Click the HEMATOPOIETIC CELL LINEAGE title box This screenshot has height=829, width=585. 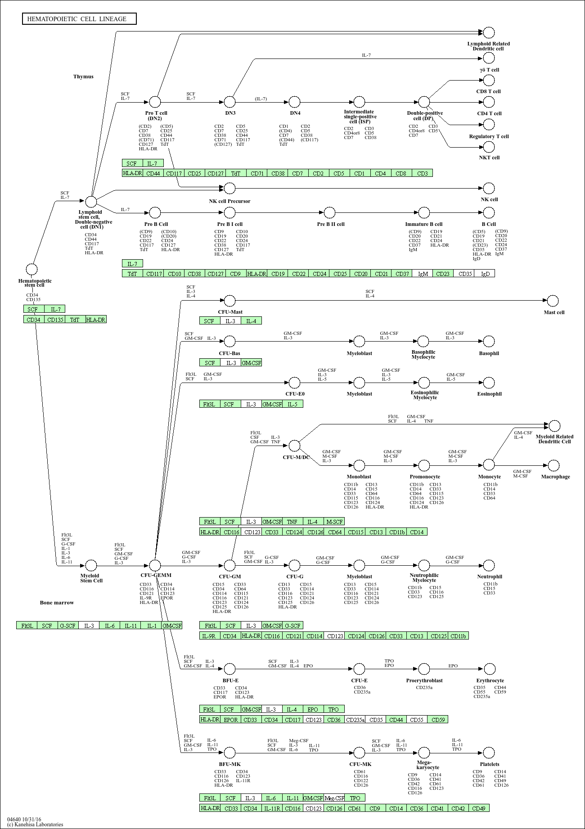tap(79, 19)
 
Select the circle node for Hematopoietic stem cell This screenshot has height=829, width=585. tap(31, 270)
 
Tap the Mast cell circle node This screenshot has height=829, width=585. tap(553, 301)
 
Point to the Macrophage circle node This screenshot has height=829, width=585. tap(554, 465)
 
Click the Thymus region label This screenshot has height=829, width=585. tap(83, 77)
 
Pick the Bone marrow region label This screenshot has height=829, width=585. tap(57, 603)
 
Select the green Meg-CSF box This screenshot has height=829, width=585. tap(334, 798)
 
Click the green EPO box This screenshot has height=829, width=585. tap(313, 709)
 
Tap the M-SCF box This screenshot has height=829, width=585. tap(334, 522)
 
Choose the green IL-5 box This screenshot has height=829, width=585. tap(292, 404)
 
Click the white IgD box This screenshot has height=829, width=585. tap(485, 274)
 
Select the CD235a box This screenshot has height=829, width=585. tap(355, 720)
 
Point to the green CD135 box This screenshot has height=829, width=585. tap(55, 320)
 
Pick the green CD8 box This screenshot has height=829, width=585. tap(401, 173)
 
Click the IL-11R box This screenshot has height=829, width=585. tap(272, 808)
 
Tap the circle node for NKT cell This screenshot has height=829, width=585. tap(489, 147)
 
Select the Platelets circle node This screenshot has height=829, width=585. tap(489, 752)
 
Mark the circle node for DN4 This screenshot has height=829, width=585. tap(295, 102)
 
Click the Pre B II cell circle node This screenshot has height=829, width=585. tap(330, 212)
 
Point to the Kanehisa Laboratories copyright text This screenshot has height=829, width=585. tap(35, 824)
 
